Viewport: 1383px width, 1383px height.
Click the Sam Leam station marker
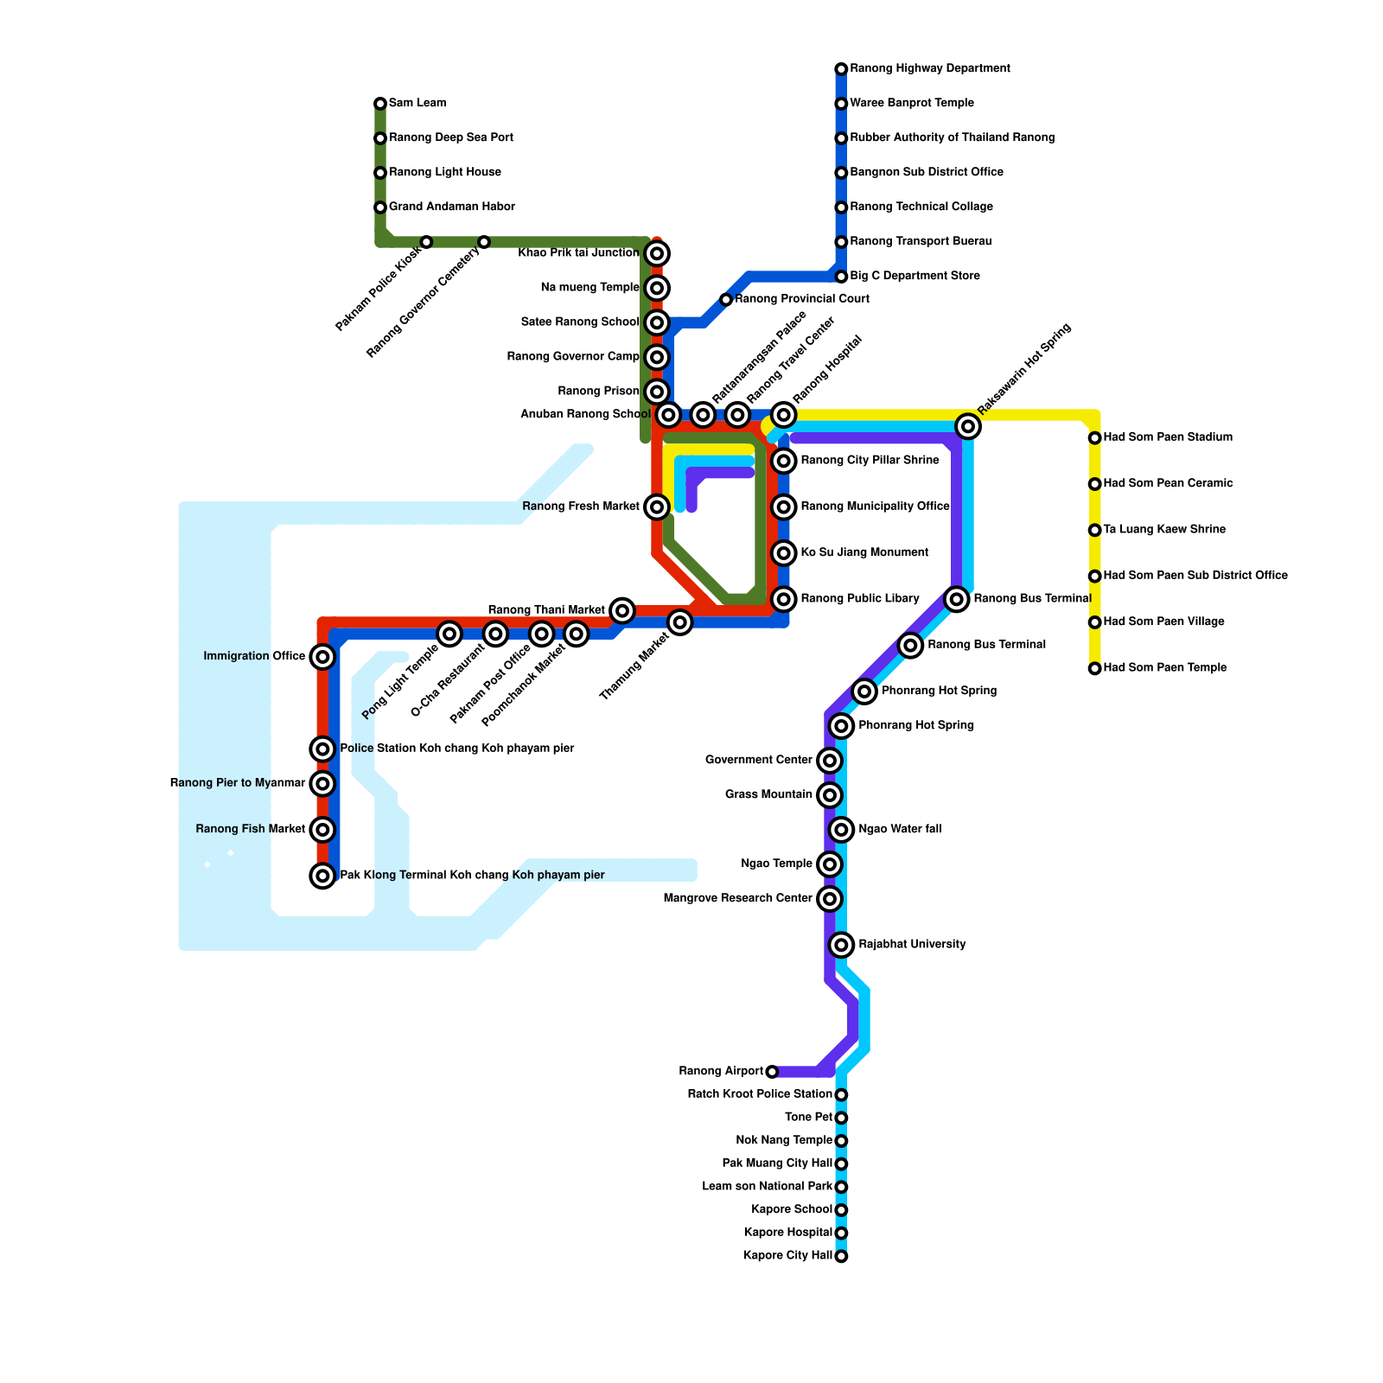pyautogui.click(x=380, y=104)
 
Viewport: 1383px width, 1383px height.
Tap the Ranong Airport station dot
pyautogui.click(x=772, y=1072)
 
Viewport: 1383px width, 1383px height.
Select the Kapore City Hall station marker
pyautogui.click(x=841, y=1256)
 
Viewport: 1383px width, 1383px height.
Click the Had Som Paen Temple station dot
pyautogui.click(x=1095, y=668)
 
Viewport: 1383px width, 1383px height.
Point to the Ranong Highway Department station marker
pyautogui.click(x=841, y=69)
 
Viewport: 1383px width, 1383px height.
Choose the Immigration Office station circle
pyautogui.click(x=322, y=657)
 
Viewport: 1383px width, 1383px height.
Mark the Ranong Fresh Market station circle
pyautogui.click(x=657, y=507)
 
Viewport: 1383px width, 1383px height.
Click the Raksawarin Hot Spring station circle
pyautogui.click(x=968, y=426)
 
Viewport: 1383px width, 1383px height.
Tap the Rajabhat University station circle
pyautogui.click(x=841, y=945)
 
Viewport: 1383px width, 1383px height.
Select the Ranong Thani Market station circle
pyautogui.click(x=622, y=611)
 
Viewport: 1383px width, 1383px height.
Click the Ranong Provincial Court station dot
pyautogui.click(x=726, y=300)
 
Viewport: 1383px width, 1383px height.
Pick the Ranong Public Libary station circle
pyautogui.click(x=784, y=599)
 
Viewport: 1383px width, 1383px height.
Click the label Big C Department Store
pyautogui.click(x=915, y=277)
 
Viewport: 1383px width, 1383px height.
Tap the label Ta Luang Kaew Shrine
pyautogui.click(x=1164, y=530)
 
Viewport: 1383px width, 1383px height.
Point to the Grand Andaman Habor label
pyautogui.click(x=451, y=207)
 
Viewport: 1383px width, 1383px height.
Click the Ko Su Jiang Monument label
pyautogui.click(x=864, y=553)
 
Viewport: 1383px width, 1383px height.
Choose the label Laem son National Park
pyautogui.click(x=767, y=1187)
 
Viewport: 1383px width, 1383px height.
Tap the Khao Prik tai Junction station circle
pyautogui.click(x=657, y=253)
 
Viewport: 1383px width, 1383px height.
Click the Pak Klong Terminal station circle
pyautogui.click(x=322, y=876)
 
